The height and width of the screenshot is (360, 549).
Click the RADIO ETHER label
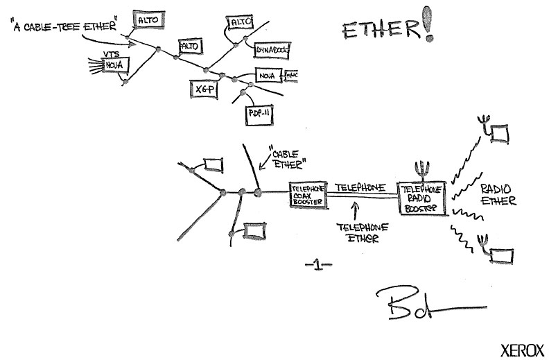click(499, 196)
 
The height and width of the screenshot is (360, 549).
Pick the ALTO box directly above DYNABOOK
click(240, 23)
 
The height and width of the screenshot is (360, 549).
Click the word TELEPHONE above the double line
click(360, 188)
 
